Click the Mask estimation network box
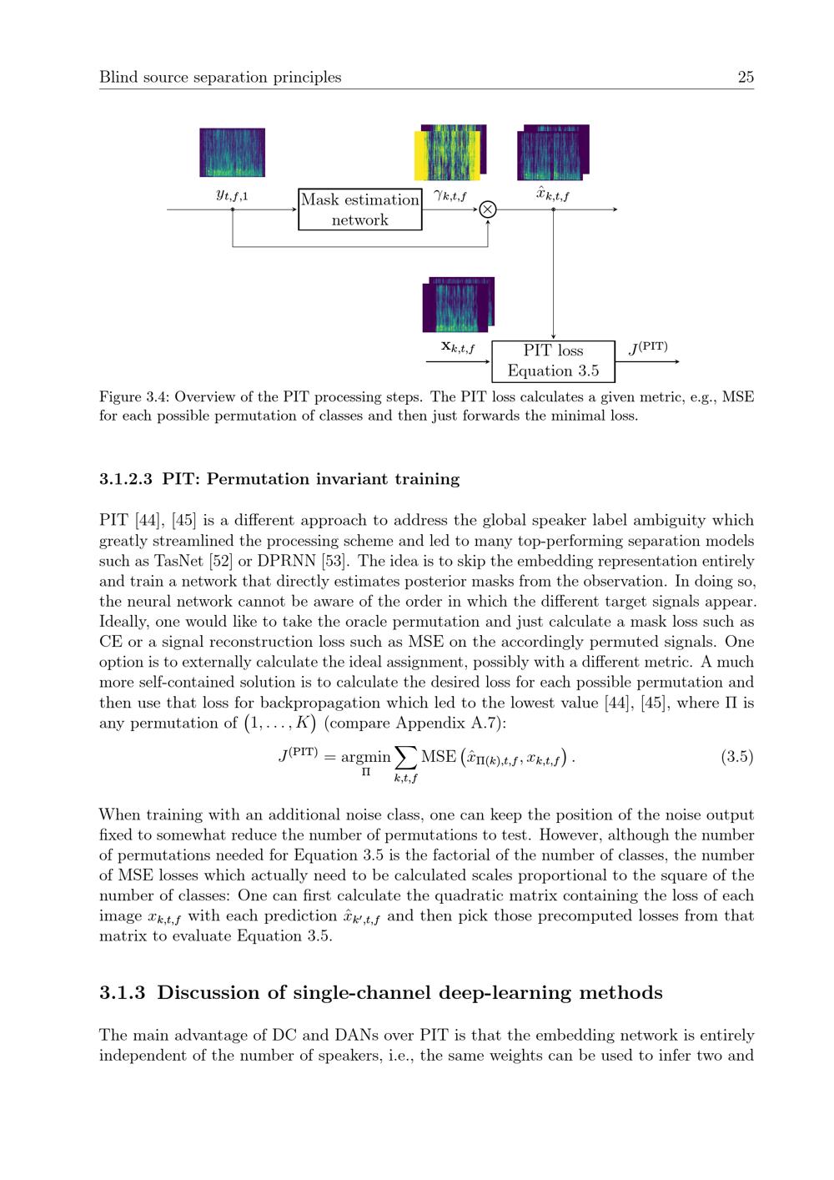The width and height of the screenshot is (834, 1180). coord(360,209)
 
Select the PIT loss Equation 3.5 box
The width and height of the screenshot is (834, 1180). coord(553,361)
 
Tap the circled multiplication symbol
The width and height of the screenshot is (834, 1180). coord(488,209)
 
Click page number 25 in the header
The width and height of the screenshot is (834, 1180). coord(746,78)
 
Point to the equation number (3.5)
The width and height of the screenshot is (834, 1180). coord(736,757)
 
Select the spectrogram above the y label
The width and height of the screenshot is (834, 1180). coord(232,152)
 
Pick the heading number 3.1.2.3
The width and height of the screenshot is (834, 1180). coord(125,479)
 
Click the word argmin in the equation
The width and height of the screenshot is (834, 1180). coord(365,757)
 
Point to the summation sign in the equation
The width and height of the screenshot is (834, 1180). coord(405,757)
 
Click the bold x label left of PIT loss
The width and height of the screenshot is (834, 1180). coord(458,347)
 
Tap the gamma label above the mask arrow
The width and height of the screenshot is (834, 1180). coord(450,196)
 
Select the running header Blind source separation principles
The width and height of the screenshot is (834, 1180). coord(220,78)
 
